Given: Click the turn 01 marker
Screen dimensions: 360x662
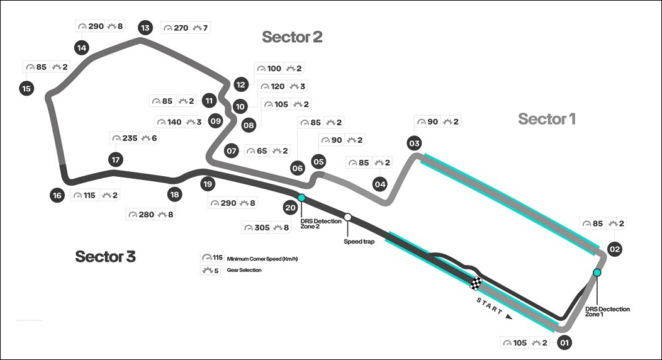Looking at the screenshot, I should [x=564, y=343].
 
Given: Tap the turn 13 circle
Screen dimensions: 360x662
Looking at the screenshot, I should [x=145, y=28].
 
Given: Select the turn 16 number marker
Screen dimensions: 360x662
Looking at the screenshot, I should [x=57, y=195].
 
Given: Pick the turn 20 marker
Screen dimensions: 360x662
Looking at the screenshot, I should [x=290, y=207].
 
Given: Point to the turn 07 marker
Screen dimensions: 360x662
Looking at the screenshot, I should [x=231, y=151].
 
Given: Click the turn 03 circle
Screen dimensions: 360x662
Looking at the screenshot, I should [x=414, y=143].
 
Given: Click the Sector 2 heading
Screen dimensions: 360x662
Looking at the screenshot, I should [x=292, y=37].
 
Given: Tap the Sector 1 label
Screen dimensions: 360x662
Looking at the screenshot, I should [x=546, y=118].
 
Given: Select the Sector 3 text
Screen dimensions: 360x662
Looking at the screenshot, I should [x=105, y=256].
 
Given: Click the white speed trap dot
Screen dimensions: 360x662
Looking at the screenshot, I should [x=347, y=218].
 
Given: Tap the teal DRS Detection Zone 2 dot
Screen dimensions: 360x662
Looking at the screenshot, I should [x=301, y=198].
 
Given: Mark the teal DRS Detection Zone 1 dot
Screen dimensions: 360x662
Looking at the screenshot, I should [x=597, y=273].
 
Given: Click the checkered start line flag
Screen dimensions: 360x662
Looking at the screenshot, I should [x=477, y=283].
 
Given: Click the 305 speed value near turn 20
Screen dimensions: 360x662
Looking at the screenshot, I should [x=262, y=227].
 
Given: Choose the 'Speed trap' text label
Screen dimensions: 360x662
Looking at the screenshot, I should [x=359, y=241].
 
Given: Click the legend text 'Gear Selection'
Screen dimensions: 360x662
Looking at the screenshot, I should [x=244, y=270].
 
